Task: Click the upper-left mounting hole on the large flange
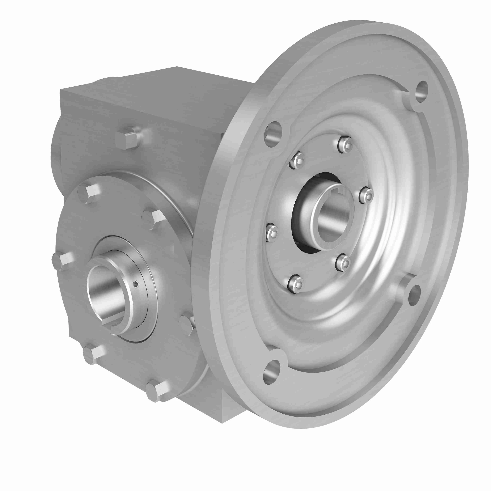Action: [273, 134]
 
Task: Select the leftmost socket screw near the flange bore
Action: [271, 233]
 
